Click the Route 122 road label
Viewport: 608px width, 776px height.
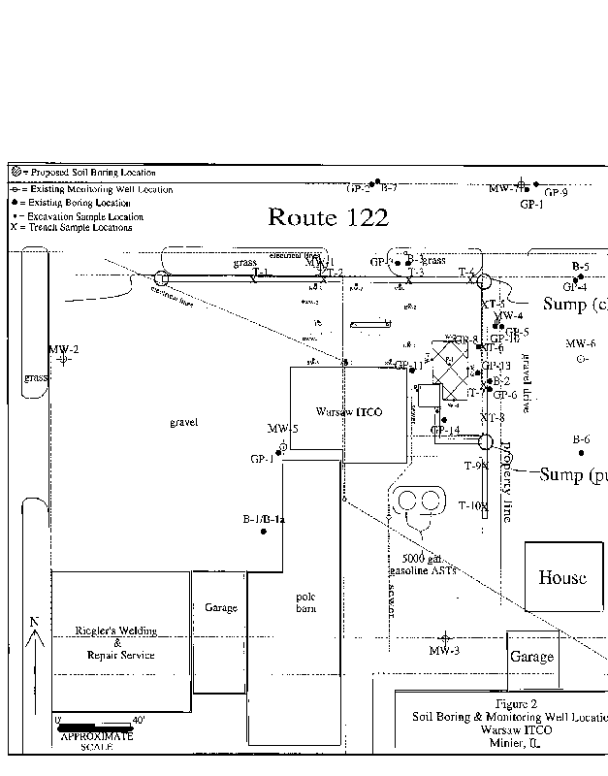(x=328, y=217)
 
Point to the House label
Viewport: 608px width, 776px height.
(x=562, y=577)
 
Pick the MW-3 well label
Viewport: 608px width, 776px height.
(x=444, y=650)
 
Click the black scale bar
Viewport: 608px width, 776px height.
(x=94, y=725)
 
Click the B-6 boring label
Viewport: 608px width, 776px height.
(x=581, y=439)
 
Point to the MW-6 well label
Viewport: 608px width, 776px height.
(x=581, y=343)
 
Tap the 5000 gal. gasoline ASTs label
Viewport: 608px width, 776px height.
(x=422, y=566)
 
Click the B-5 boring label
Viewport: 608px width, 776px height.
(x=580, y=266)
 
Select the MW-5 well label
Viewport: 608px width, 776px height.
(x=282, y=429)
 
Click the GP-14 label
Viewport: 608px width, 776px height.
(x=445, y=430)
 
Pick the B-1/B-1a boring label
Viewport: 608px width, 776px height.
(x=263, y=520)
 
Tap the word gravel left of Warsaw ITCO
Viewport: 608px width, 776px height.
(x=183, y=423)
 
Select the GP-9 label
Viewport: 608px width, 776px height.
(x=557, y=192)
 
